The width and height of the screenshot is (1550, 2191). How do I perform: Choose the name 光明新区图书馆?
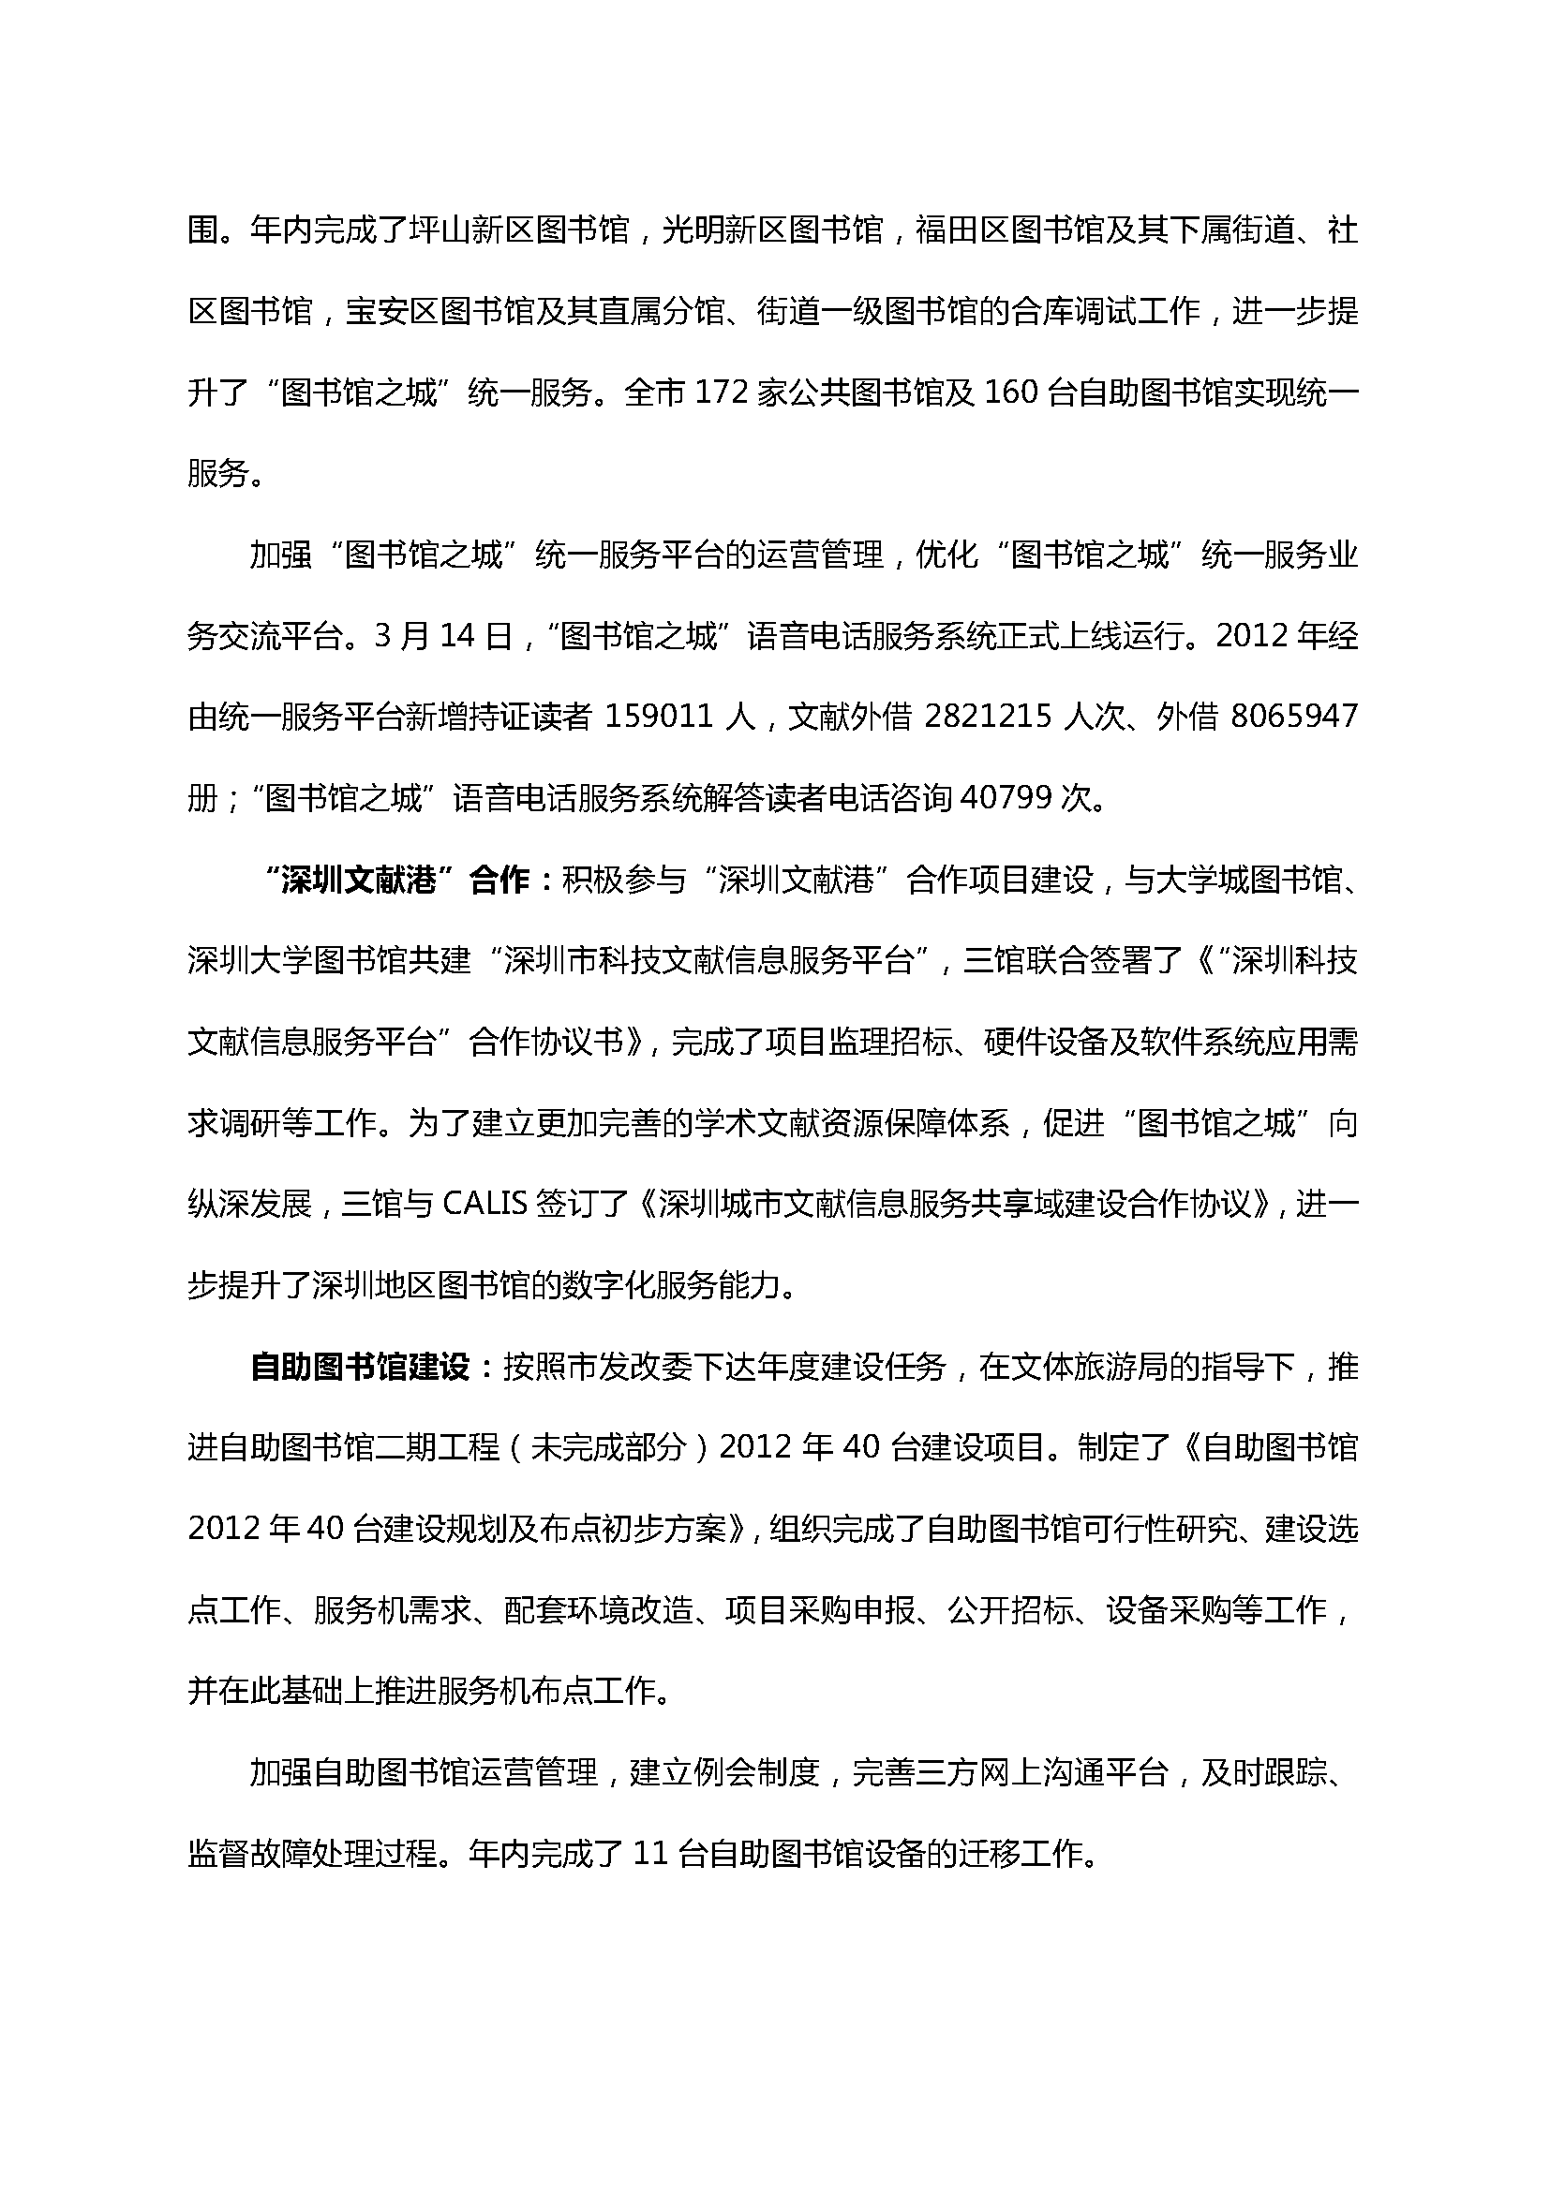click(772, 231)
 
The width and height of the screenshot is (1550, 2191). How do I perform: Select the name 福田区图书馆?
click(1010, 231)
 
